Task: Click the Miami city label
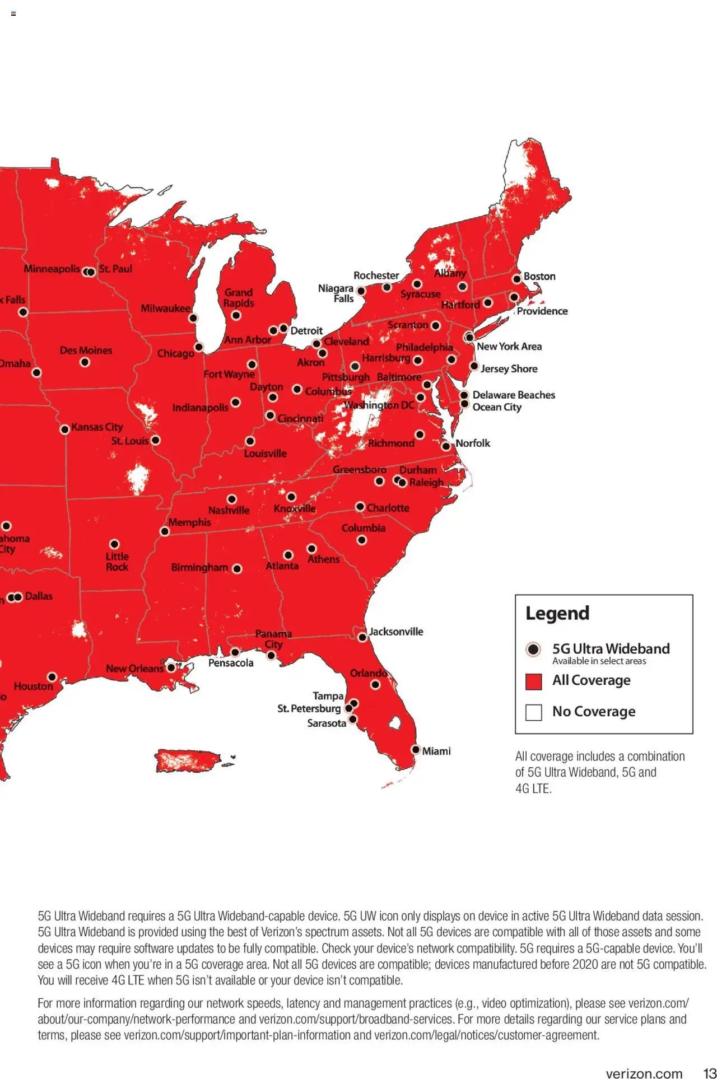tap(436, 751)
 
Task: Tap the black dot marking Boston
tap(517, 279)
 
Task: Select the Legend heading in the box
tap(557, 613)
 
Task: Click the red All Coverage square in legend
tap(534, 681)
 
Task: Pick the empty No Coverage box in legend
tap(534, 712)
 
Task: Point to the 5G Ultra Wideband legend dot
tap(533, 650)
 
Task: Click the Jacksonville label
tap(395, 632)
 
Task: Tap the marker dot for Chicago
tap(198, 347)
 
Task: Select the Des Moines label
tap(86, 351)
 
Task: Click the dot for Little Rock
tap(114, 544)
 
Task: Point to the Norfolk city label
tap(472, 443)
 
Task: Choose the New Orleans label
tap(134, 669)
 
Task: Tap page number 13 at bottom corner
tap(709, 1073)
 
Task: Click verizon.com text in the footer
tap(644, 1073)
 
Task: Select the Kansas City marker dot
tap(65, 429)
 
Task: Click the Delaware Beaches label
tap(514, 395)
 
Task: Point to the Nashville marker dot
tap(232, 499)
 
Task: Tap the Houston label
tap(33, 686)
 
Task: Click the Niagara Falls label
tap(336, 293)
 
